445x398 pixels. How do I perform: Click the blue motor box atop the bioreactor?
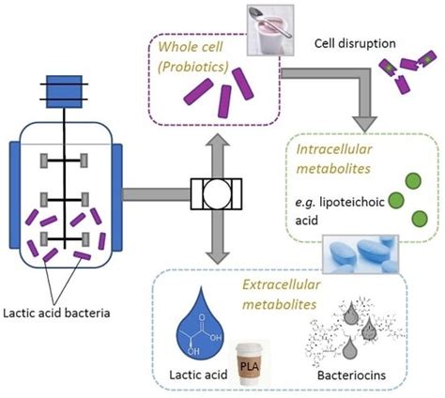coord(64,92)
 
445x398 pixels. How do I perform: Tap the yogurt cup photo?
coord(270,30)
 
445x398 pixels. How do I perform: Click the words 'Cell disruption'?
coord(355,43)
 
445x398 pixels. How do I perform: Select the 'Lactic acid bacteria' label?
coord(56,314)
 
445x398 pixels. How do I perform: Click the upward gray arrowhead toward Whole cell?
coord(218,140)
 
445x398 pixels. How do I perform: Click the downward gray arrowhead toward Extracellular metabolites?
coord(218,256)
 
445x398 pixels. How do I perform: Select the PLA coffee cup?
coord(250,363)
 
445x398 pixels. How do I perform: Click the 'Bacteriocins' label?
coord(351,375)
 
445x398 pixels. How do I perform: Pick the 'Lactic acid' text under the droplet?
coord(198,375)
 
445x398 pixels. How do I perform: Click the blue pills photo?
coord(361,254)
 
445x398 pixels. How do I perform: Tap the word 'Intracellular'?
coord(334,149)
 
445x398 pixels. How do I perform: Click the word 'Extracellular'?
coord(282,284)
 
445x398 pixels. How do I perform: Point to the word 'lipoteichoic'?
coord(352,203)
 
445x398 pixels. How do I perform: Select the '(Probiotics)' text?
coord(193,67)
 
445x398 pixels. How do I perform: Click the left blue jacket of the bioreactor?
coord(15,195)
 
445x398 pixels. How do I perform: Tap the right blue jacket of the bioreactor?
coord(116,197)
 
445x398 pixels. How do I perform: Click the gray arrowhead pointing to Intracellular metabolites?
coord(364,124)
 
